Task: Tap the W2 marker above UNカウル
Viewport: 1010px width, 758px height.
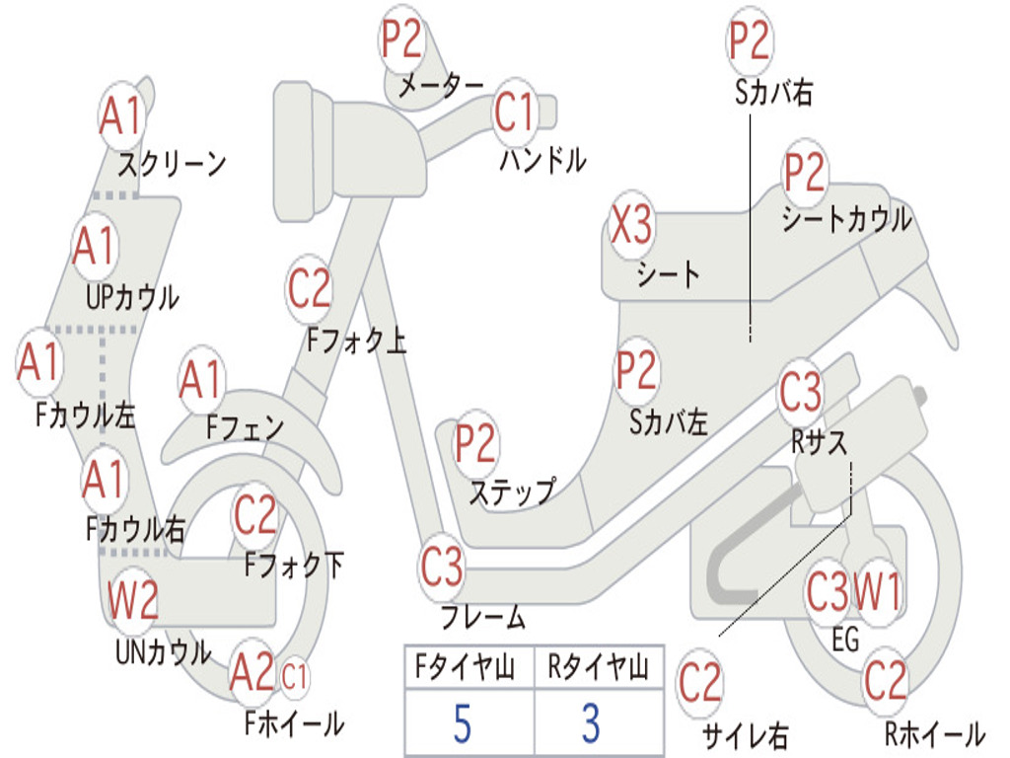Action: [x=133, y=599]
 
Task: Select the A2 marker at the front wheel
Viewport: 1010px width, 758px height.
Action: [x=252, y=673]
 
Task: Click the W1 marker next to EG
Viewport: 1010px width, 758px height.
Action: [x=877, y=591]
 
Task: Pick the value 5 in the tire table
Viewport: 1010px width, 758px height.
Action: [x=463, y=723]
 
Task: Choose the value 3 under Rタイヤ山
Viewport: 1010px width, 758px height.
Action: [x=592, y=723]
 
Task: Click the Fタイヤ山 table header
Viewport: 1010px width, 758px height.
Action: [x=466, y=667]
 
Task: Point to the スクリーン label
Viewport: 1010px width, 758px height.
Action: [x=172, y=165]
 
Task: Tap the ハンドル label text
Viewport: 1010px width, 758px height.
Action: [x=543, y=159]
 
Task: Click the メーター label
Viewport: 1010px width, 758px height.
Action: [x=441, y=86]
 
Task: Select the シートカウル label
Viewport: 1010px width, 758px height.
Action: [x=847, y=219]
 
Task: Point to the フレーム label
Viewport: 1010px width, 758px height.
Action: [x=483, y=617]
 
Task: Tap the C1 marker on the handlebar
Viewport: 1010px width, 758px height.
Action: [x=515, y=113]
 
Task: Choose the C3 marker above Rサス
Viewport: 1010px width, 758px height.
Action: [x=801, y=392]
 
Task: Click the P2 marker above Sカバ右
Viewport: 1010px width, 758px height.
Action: [x=750, y=39]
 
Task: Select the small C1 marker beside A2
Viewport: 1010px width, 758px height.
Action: [x=294, y=677]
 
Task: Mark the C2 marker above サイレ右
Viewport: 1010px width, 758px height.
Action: [x=700, y=683]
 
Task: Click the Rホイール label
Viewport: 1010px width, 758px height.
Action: [x=935, y=733]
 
